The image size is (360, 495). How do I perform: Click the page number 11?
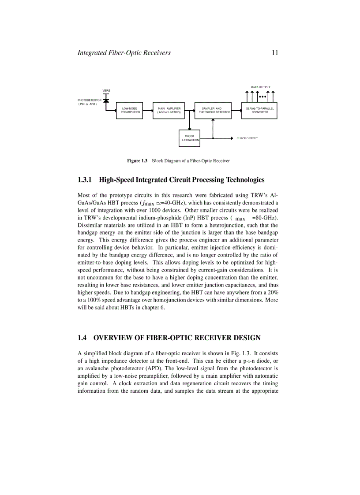(274, 53)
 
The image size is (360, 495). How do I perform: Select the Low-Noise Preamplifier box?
(130, 110)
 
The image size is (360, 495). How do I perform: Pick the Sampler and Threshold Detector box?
(213, 110)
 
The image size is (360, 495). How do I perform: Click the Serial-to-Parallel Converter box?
(260, 110)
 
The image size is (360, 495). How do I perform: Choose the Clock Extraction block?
(189, 138)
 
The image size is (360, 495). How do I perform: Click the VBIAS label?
(106, 90)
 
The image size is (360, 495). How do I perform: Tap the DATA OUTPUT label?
(260, 87)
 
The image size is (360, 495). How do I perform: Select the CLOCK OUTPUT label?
(247, 138)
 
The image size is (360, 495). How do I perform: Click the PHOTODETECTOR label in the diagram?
(90, 100)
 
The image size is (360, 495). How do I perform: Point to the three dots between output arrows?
(262, 97)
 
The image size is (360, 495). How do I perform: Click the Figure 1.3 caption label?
(137, 161)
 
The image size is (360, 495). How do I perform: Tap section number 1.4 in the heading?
(82, 338)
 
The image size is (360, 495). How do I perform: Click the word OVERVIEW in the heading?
(116, 338)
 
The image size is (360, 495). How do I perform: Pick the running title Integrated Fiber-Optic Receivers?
(124, 53)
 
